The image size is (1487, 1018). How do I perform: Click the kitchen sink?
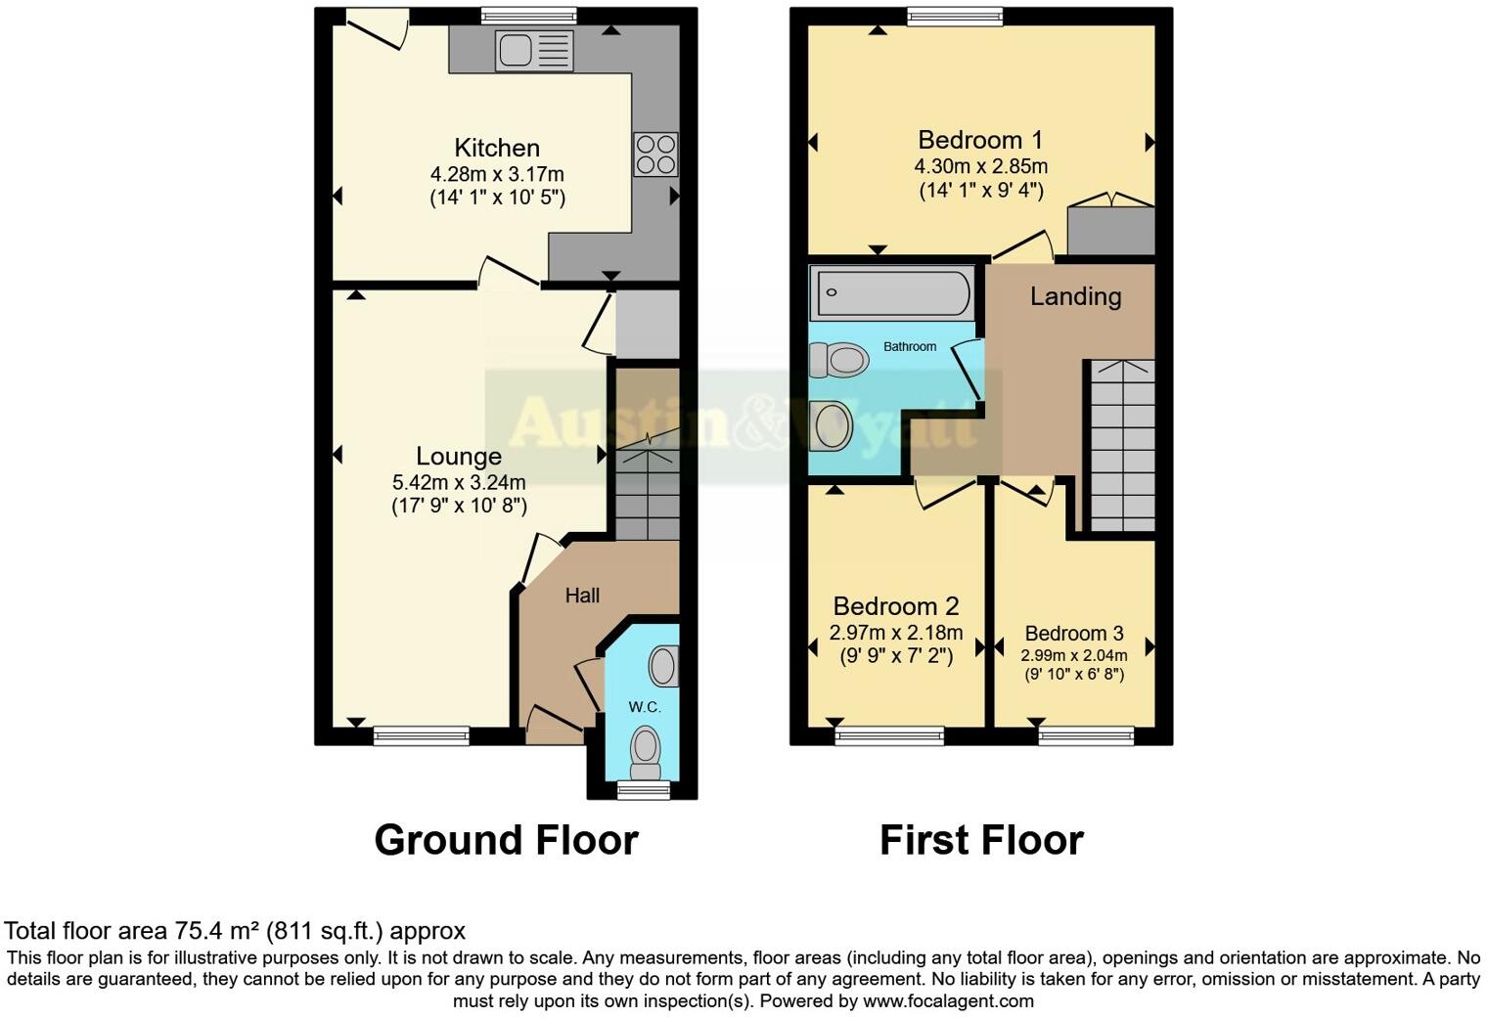(534, 50)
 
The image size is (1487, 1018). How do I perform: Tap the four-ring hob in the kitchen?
(655, 154)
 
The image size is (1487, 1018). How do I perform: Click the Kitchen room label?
(497, 148)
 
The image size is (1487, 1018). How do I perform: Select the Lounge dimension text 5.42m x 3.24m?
(459, 482)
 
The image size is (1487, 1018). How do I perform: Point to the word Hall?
(582, 596)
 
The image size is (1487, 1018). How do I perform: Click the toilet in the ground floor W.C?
(645, 748)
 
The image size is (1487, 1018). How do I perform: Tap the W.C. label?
(645, 707)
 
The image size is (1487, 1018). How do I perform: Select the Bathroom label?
(910, 346)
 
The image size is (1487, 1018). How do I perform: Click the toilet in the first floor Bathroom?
(839, 361)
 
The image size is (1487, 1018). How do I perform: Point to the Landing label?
(1075, 296)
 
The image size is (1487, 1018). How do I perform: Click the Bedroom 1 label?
(980, 140)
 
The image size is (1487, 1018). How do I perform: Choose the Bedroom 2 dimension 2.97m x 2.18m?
(896, 633)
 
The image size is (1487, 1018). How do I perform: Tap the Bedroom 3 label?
(1074, 634)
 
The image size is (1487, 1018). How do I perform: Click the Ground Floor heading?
(506, 840)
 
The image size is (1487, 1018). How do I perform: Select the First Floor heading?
(981, 840)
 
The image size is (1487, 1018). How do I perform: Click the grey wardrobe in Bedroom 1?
(1110, 230)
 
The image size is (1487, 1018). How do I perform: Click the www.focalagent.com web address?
(948, 1000)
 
